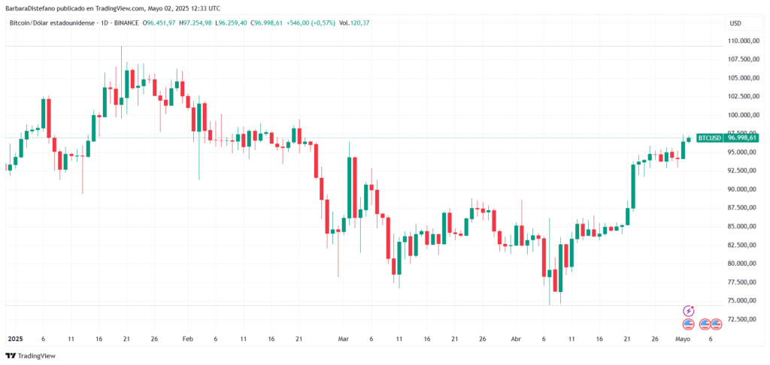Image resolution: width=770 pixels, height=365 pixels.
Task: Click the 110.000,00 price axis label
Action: (742, 41)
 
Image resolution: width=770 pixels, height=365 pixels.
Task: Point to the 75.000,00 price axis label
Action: (742, 300)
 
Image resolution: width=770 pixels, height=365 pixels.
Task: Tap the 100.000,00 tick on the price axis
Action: (742, 115)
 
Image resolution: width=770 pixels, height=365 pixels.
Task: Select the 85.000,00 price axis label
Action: (742, 226)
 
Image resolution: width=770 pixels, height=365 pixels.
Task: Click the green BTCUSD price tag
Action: (710, 137)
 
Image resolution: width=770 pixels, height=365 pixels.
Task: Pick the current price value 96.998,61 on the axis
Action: (742, 137)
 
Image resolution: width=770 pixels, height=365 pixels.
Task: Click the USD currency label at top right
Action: (735, 23)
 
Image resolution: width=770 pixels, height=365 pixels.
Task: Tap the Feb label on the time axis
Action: (187, 339)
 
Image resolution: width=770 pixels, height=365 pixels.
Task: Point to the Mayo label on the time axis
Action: (683, 339)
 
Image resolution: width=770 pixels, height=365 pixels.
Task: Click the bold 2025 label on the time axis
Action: (15, 339)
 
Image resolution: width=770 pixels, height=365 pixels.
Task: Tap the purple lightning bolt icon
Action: (688, 310)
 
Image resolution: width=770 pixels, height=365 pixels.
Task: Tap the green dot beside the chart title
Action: (138, 23)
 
